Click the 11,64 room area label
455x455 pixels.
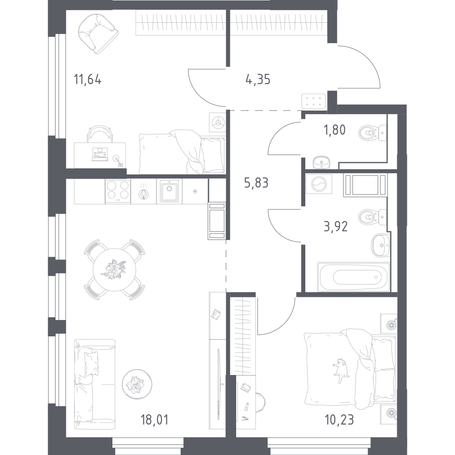click(87, 80)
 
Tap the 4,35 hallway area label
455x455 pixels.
click(258, 80)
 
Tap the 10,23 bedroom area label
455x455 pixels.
click(339, 419)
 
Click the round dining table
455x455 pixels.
click(114, 269)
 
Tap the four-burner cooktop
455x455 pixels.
click(118, 191)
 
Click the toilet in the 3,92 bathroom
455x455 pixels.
click(371, 217)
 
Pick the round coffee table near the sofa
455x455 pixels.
click(136, 383)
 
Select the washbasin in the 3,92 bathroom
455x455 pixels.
click(380, 245)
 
